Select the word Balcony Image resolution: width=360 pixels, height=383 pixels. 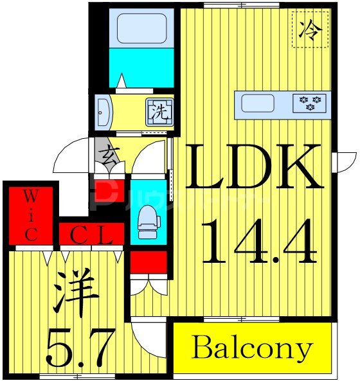point(251,349)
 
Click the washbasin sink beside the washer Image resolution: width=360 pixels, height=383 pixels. point(104,112)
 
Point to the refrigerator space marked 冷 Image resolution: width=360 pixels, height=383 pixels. point(310,29)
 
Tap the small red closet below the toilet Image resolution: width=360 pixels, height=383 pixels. point(148,262)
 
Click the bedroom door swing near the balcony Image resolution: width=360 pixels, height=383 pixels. point(145,335)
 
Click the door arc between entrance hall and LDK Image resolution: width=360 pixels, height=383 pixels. point(151,157)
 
